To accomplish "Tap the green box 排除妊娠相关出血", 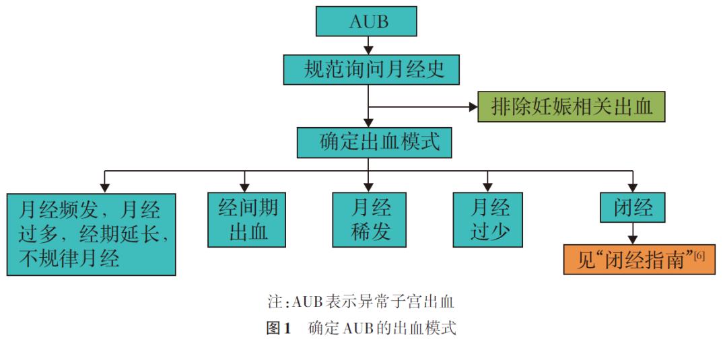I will [x=572, y=106].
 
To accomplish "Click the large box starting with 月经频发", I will [x=91, y=234].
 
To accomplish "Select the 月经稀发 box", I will [x=370, y=220].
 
